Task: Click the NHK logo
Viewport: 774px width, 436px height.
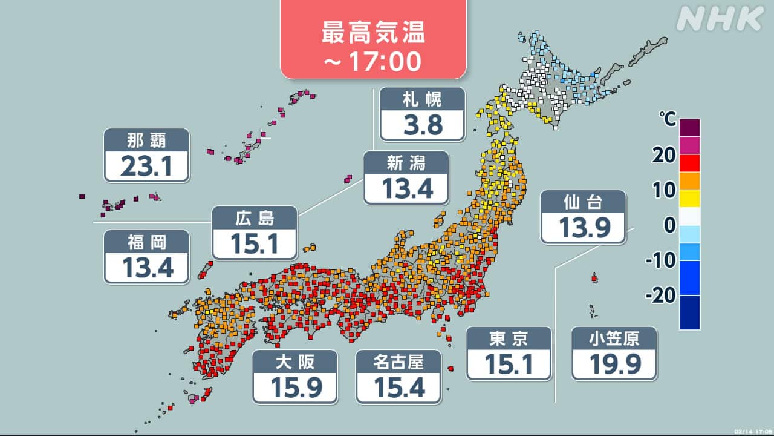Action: (720, 19)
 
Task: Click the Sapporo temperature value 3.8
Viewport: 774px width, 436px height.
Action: (422, 125)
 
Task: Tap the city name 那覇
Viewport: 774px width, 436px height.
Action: (146, 140)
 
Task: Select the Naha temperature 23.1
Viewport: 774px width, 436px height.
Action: (146, 166)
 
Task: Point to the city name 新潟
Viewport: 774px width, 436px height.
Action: (406, 162)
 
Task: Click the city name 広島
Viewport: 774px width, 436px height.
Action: (255, 217)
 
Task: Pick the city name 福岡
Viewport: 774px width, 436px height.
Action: (146, 242)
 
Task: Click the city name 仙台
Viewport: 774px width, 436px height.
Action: (583, 202)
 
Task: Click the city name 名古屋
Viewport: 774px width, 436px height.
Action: (398, 362)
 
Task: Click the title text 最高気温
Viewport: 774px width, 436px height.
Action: (373, 33)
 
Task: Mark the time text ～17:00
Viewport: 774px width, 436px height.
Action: (373, 61)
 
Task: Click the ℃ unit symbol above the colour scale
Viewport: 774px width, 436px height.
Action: (668, 120)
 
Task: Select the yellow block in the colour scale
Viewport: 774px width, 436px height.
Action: (689, 198)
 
